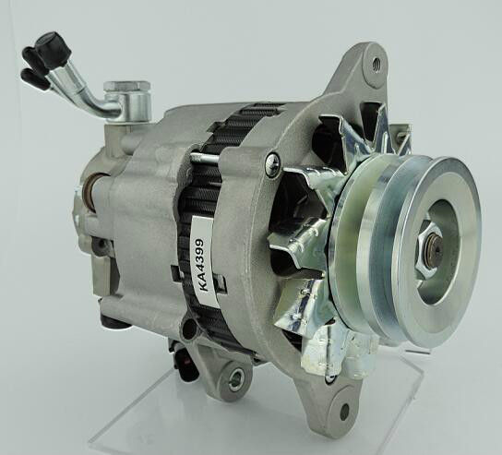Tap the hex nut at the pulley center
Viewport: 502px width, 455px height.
pos(430,245)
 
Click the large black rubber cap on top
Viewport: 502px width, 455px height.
pos(53,49)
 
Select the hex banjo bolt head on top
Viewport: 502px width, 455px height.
pos(127,87)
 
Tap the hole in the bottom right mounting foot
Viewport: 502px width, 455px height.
pos(344,411)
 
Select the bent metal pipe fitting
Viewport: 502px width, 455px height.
pos(90,92)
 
